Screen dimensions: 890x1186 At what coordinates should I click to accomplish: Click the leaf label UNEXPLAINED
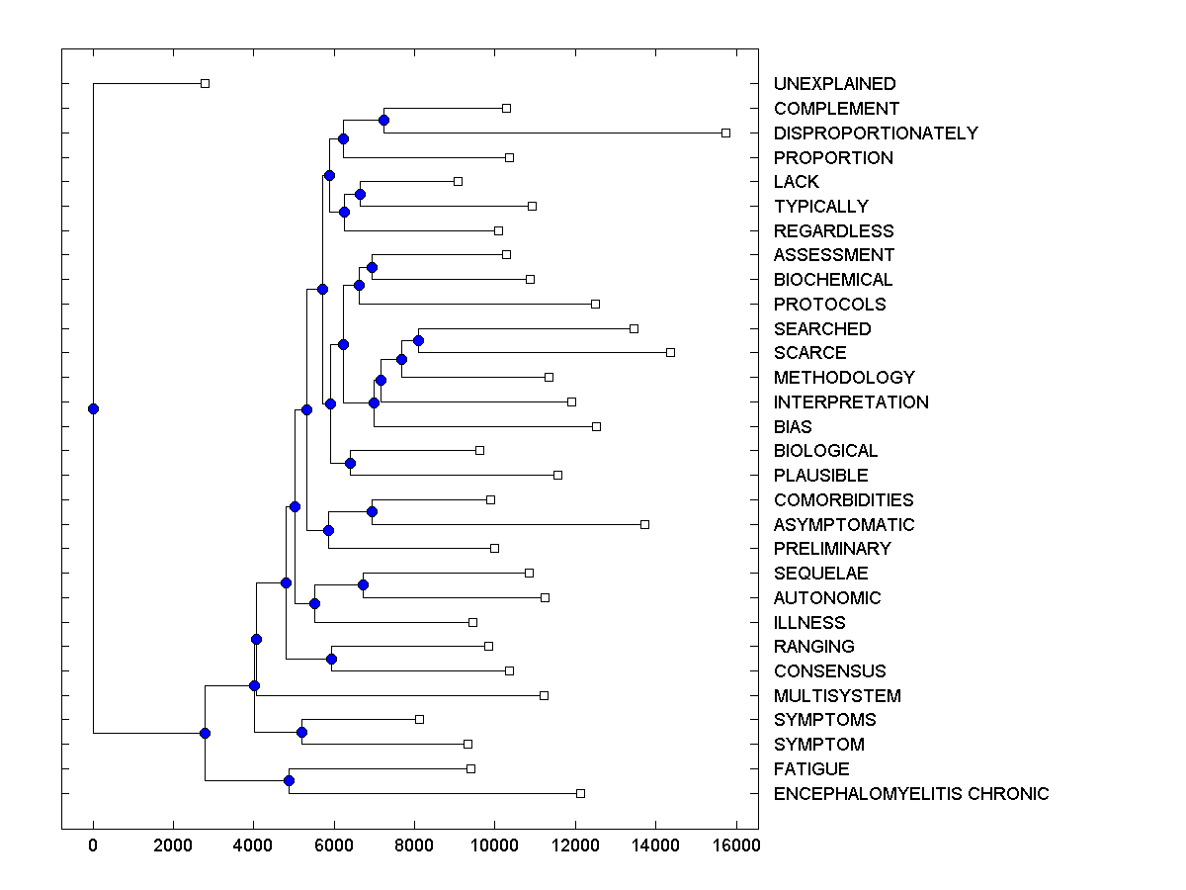pyautogui.click(x=834, y=84)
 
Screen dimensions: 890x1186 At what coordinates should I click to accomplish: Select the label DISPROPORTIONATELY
pyautogui.click(x=876, y=133)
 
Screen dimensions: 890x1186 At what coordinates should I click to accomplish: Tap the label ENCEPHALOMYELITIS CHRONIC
pyautogui.click(x=911, y=794)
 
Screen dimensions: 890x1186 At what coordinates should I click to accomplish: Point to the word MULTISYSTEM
pyautogui.click(x=837, y=696)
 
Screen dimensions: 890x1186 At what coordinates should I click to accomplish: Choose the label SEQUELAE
pyautogui.click(x=821, y=574)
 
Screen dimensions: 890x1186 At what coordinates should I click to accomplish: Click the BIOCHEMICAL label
pyautogui.click(x=833, y=280)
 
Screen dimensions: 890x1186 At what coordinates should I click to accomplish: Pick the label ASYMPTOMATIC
pyautogui.click(x=844, y=525)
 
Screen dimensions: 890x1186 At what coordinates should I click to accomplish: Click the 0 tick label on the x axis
pyautogui.click(x=93, y=845)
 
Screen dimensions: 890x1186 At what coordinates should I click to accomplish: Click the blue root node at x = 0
pyautogui.click(x=93, y=408)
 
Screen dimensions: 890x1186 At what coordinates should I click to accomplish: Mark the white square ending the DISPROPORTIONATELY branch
pyautogui.click(x=725, y=133)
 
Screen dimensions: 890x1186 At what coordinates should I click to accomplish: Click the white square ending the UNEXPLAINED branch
pyautogui.click(x=205, y=83)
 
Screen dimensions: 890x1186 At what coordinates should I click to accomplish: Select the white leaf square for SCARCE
pyautogui.click(x=670, y=352)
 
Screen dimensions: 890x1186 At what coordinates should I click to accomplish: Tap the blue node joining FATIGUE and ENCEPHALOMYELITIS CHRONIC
pyautogui.click(x=289, y=781)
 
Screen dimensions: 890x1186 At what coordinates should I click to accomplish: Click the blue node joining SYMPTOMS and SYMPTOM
pyautogui.click(x=301, y=732)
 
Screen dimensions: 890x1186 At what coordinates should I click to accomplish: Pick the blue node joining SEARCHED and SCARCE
pyautogui.click(x=418, y=340)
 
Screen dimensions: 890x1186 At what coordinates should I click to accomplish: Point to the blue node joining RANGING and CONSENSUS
pyautogui.click(x=332, y=659)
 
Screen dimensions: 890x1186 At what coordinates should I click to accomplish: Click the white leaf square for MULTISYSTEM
pyautogui.click(x=544, y=695)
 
